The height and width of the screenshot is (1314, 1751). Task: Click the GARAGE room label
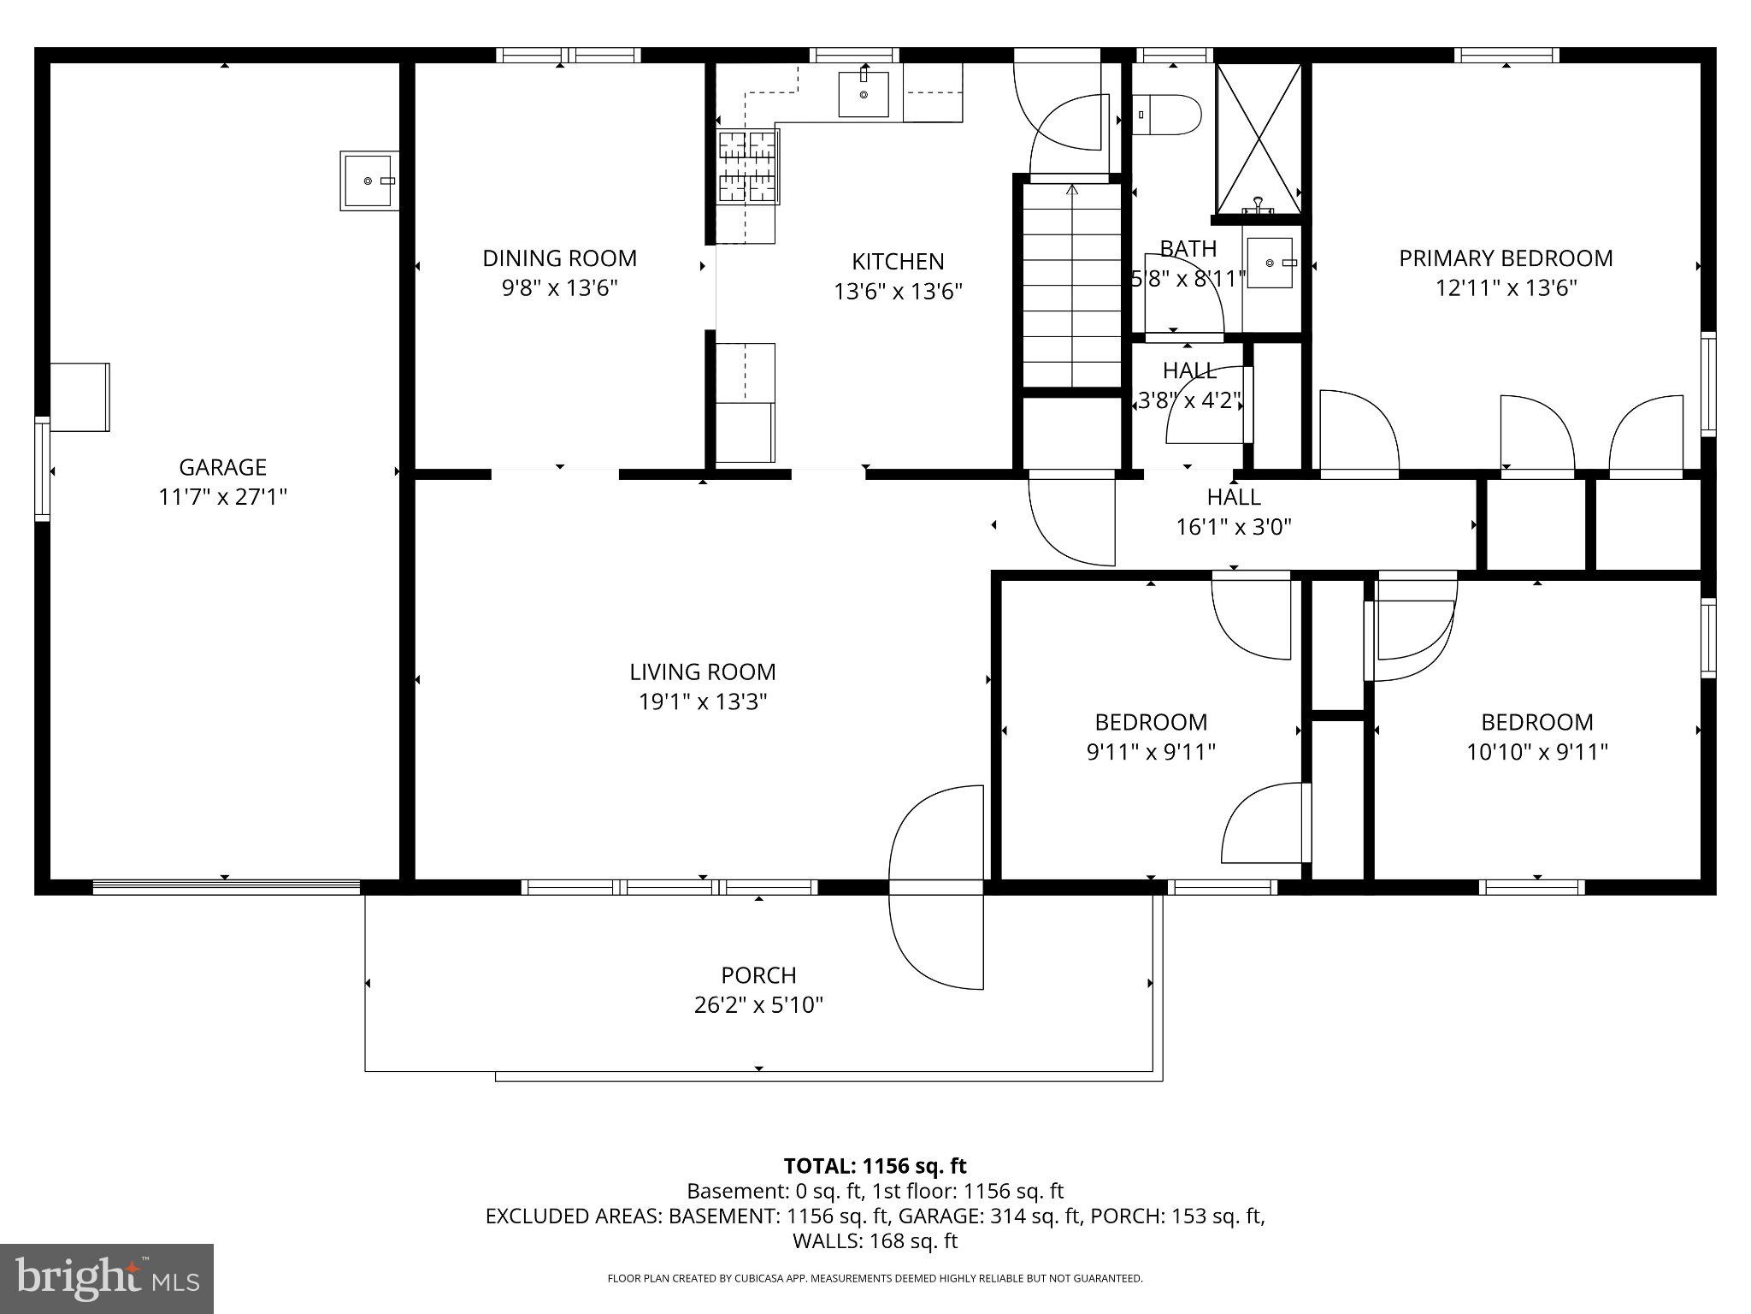[222, 467]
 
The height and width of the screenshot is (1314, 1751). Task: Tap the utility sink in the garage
[368, 181]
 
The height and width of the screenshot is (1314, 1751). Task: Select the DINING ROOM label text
[559, 258]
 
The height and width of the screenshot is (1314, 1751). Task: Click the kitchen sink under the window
[863, 94]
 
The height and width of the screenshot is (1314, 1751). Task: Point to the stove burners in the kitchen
[747, 169]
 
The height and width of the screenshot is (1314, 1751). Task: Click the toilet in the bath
[1168, 115]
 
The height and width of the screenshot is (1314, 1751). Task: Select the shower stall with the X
[1259, 138]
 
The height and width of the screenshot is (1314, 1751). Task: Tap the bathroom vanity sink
[1270, 263]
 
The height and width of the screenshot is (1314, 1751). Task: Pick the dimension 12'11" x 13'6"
[1506, 287]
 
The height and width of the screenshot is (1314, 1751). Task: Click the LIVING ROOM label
[703, 672]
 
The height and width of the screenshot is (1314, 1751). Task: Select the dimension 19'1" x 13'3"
[703, 702]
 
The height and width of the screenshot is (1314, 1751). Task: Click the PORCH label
[758, 975]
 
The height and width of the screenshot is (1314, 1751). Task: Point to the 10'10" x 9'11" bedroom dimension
[1536, 752]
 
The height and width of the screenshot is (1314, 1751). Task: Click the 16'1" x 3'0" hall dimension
[1234, 527]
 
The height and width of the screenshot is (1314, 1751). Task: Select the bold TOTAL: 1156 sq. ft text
[875, 1166]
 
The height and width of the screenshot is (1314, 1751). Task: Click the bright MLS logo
[107, 1278]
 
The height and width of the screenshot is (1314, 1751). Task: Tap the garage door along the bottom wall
[226, 887]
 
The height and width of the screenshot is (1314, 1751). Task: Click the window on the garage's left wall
[42, 468]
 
